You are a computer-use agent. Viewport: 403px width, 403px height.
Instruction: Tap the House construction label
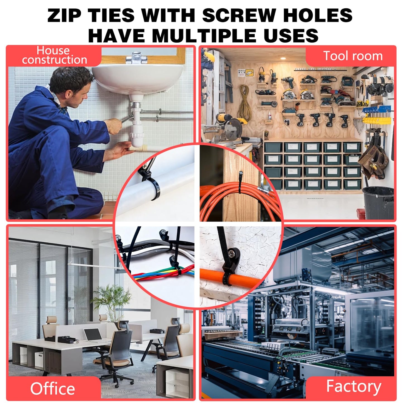click(x=54, y=55)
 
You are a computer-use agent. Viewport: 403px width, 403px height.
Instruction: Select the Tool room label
click(x=353, y=56)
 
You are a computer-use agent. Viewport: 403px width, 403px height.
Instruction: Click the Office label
click(x=52, y=388)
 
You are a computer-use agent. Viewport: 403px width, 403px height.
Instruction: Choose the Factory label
click(x=353, y=386)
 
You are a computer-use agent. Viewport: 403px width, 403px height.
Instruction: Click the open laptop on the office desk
click(x=93, y=335)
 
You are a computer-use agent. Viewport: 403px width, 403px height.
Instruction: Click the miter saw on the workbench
click(x=230, y=128)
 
